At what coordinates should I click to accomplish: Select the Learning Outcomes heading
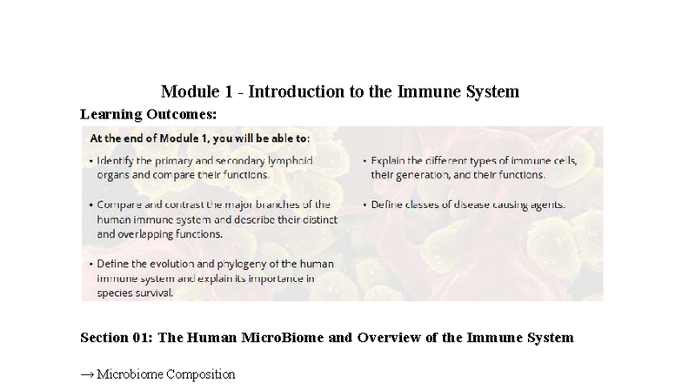tap(148, 114)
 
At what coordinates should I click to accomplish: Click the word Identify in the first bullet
tap(117, 160)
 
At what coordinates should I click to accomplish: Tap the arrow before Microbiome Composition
tap(87, 374)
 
